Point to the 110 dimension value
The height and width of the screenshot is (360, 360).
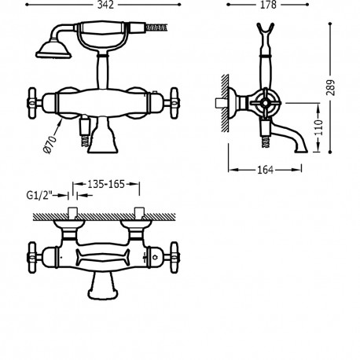coord(319,126)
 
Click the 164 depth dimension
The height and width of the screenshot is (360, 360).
coord(266,171)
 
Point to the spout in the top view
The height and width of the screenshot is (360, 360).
coord(105,291)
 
